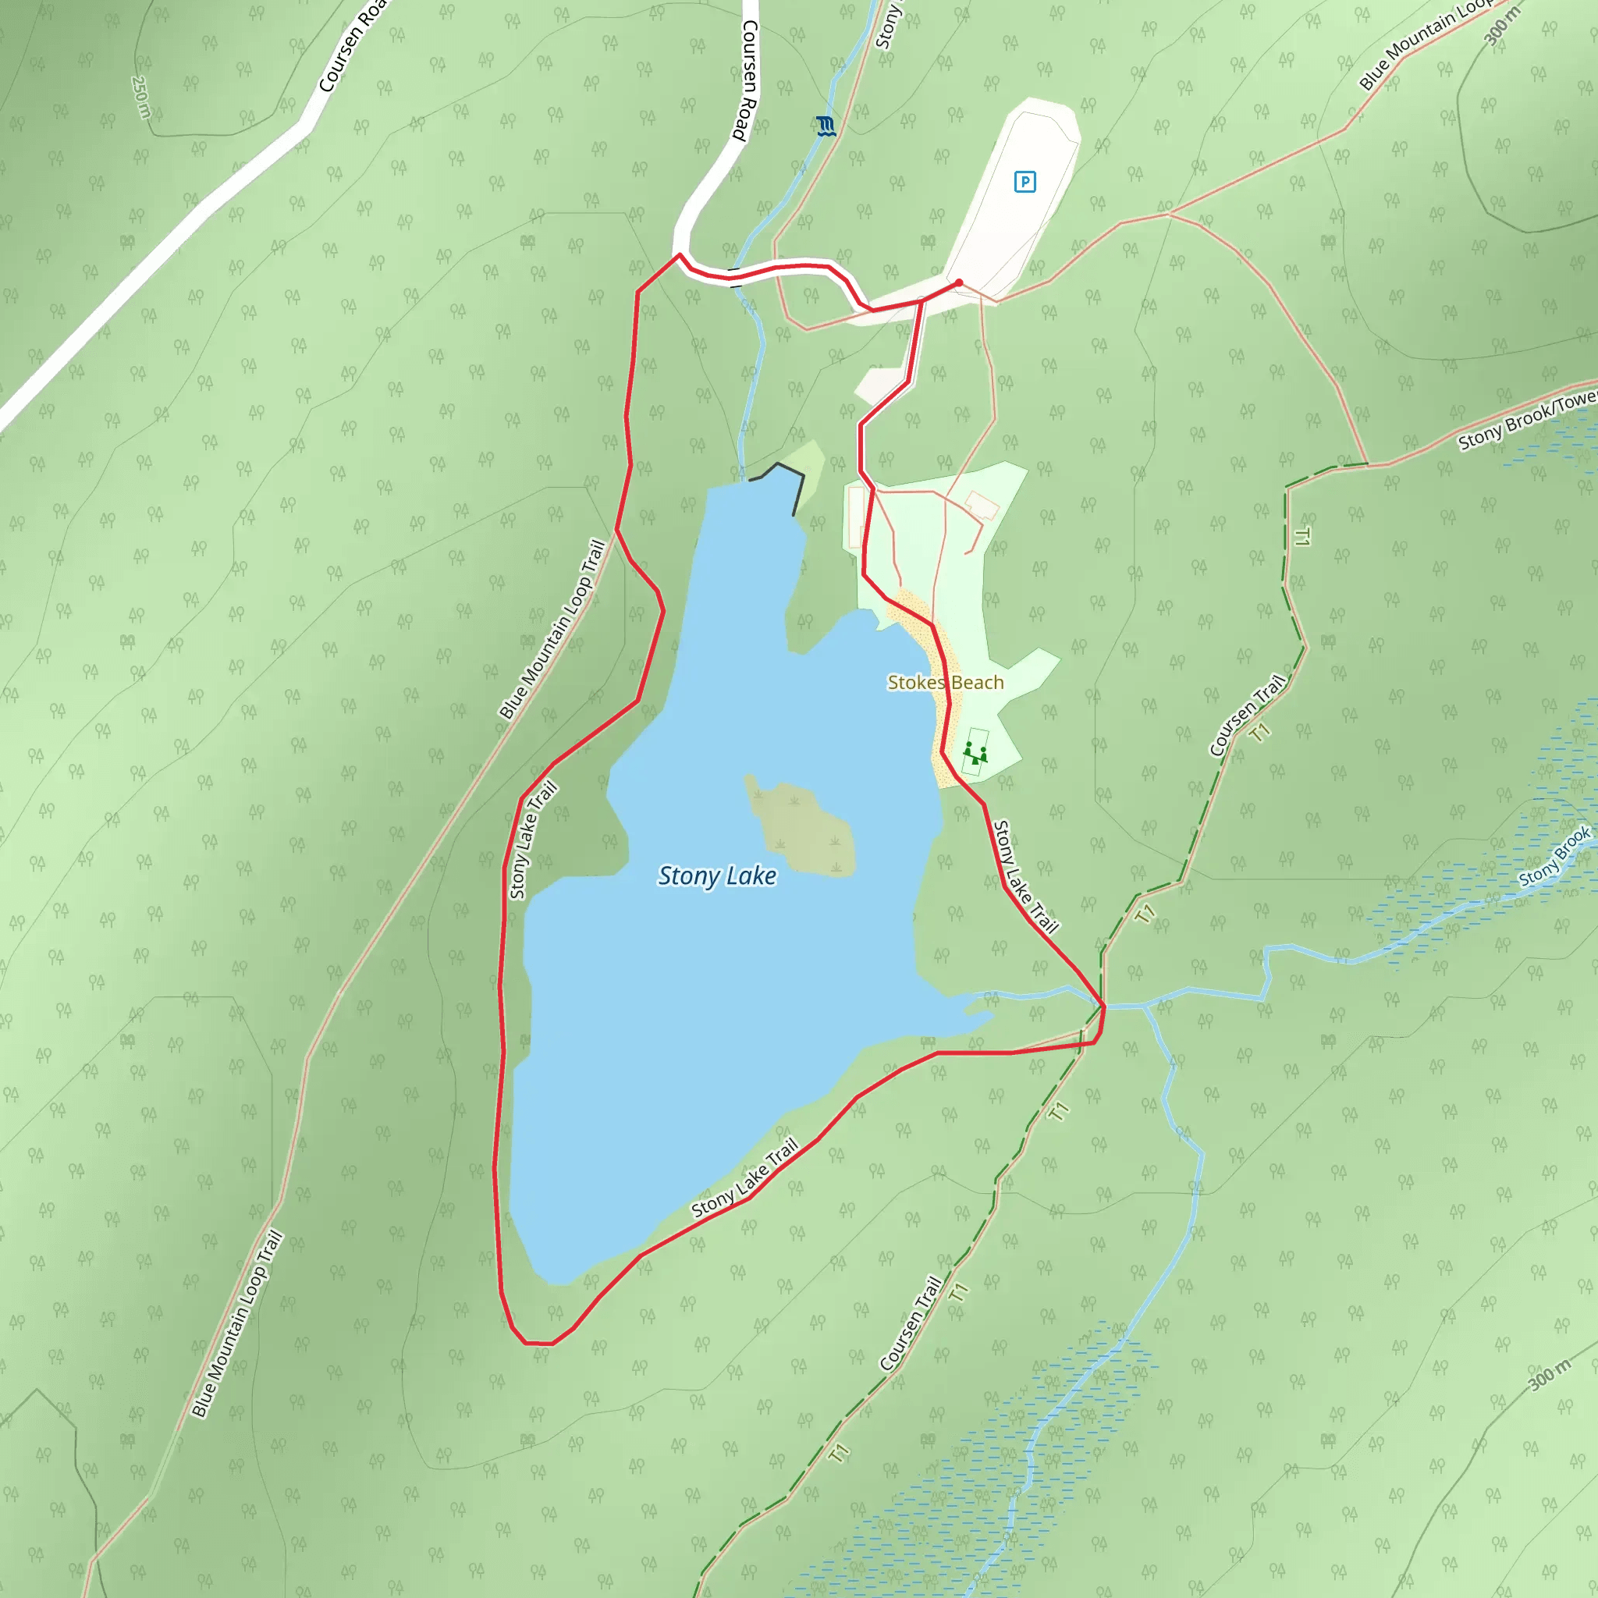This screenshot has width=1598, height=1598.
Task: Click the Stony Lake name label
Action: [716, 876]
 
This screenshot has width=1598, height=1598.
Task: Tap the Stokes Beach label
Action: [946, 683]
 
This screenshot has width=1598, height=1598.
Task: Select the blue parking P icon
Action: [1024, 182]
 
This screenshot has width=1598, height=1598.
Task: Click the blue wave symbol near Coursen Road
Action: [826, 126]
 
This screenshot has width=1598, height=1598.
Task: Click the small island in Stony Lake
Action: [801, 827]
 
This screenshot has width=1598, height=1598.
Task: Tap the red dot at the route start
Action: [959, 283]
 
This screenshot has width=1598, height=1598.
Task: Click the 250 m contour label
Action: [140, 97]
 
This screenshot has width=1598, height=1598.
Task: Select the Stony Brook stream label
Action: [1554, 857]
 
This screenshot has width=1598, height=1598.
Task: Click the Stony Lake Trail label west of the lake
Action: [533, 840]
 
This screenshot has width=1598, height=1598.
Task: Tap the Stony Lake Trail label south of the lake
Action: [745, 1179]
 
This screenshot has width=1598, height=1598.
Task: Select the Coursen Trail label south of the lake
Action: [911, 1323]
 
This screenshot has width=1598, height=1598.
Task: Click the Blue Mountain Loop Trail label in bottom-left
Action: [237, 1324]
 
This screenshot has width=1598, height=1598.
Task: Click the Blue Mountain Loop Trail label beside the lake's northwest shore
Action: [552, 630]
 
